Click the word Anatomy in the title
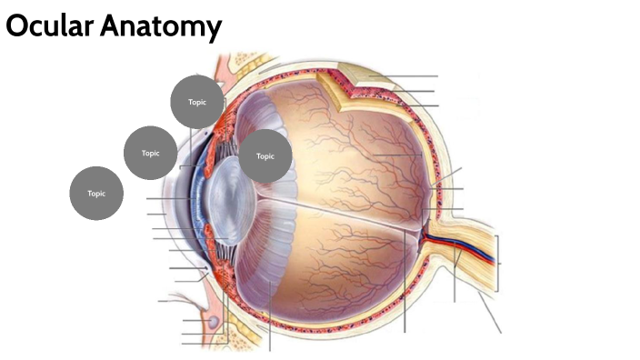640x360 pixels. [x=161, y=29]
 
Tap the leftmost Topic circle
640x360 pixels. [x=96, y=194]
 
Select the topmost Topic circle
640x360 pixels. [x=197, y=102]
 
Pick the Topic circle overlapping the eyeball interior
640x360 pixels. [x=265, y=155]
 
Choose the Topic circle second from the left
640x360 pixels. [x=150, y=154]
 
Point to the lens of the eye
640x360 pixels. [x=226, y=200]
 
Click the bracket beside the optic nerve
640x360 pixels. [x=497, y=263]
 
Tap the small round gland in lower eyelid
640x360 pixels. [x=213, y=321]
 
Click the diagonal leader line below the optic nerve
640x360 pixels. [x=489, y=314]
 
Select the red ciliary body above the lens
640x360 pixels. [x=224, y=145]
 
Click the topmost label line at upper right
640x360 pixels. [x=409, y=76]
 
